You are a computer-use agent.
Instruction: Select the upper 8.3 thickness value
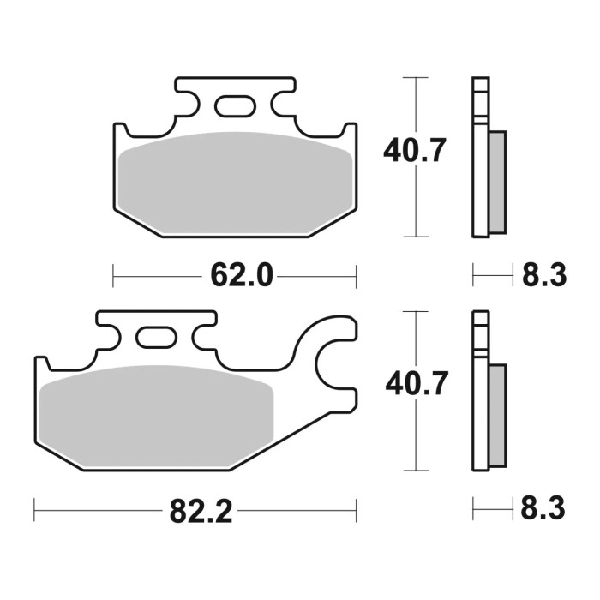tap(543, 276)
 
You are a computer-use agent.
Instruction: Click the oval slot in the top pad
tap(233, 106)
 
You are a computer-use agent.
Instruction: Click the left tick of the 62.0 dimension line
tap(114, 276)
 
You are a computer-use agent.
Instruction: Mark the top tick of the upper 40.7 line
tap(416, 78)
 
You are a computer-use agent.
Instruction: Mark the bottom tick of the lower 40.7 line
tap(416, 470)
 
